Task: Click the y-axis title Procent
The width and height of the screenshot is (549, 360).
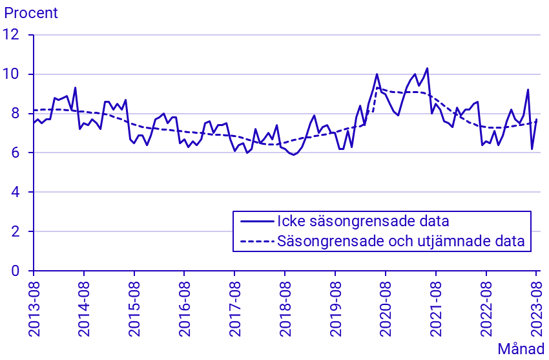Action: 31,13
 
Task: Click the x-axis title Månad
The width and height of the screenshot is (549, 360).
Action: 521,348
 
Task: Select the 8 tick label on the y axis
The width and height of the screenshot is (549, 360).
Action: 19,114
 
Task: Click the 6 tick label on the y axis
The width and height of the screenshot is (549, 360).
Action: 19,153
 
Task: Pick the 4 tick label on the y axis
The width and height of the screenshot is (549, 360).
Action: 19,193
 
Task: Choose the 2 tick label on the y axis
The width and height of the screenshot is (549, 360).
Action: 19,231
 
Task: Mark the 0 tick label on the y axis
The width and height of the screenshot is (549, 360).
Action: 19,271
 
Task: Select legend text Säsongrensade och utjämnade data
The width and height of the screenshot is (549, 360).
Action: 400,242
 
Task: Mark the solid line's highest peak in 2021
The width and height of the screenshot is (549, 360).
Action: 427,69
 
